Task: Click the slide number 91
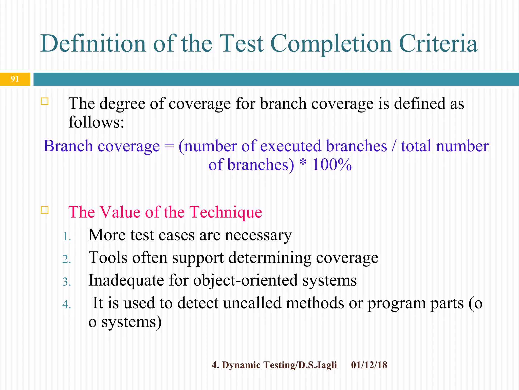click(x=15, y=79)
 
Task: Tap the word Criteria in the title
click(x=438, y=44)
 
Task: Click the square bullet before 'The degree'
click(x=45, y=102)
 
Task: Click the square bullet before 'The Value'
click(x=45, y=210)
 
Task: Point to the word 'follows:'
click(x=96, y=122)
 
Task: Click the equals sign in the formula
click(x=169, y=147)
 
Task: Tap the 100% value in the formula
click(x=332, y=165)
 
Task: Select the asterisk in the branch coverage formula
click(x=303, y=163)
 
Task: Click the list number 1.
click(x=66, y=237)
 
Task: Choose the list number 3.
click(x=66, y=282)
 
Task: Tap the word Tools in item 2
click(x=108, y=258)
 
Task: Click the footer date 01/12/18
click(x=369, y=365)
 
